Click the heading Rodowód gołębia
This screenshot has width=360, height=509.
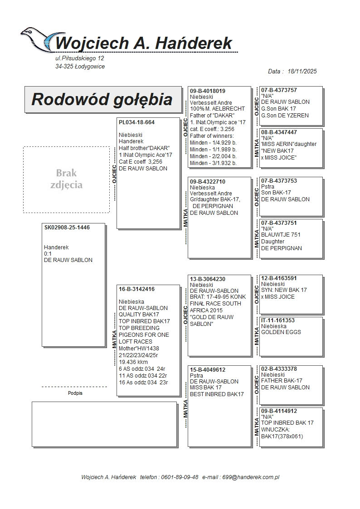(102, 99)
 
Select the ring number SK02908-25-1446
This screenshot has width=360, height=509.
(67, 228)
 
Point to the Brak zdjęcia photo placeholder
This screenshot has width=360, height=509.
(66, 179)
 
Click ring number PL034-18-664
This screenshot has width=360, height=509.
(136, 122)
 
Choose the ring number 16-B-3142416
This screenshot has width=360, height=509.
(136, 289)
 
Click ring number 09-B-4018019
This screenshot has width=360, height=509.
(208, 91)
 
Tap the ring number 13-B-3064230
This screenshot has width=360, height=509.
(208, 279)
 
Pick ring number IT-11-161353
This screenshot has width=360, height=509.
(278, 320)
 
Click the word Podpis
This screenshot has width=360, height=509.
(75, 393)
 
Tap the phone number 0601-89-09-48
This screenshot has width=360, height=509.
(177, 477)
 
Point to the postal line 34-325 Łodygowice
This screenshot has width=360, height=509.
(80, 67)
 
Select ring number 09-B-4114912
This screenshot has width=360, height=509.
(279, 411)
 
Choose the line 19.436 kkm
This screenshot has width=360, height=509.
(133, 362)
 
